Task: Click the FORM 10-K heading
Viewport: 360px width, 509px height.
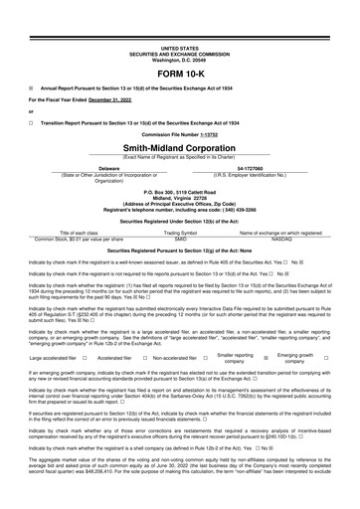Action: pos(179,73)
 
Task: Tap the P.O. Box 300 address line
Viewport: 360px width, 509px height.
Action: pos(179,189)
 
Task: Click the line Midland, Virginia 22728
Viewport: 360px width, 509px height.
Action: pos(179,195)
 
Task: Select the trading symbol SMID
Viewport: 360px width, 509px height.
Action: pos(180,239)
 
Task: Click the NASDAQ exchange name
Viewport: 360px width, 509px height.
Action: pos(280,239)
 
